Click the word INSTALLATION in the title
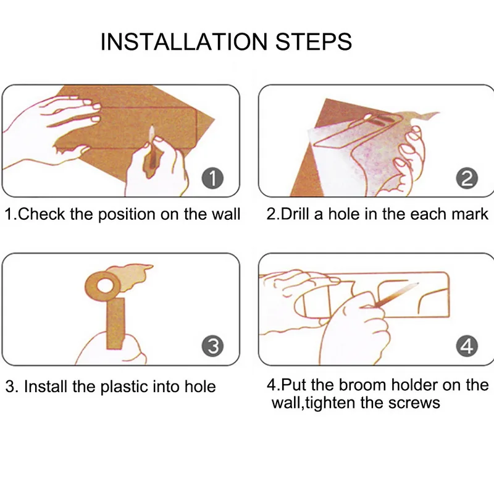pos(184,42)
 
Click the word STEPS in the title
pos(314,42)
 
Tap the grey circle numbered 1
pos(212,178)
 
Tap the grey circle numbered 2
pos(467,178)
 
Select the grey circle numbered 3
pos(212,346)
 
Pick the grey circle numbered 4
pos(467,346)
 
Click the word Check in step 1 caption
pos(42,214)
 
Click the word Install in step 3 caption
pos(46,387)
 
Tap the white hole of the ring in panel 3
pos(104,285)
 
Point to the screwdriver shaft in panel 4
pos(398,294)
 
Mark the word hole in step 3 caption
pos(200,387)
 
